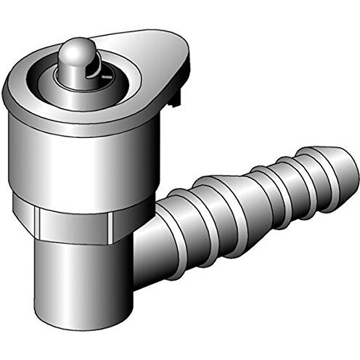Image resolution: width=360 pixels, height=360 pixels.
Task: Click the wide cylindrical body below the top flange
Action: (80, 160)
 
